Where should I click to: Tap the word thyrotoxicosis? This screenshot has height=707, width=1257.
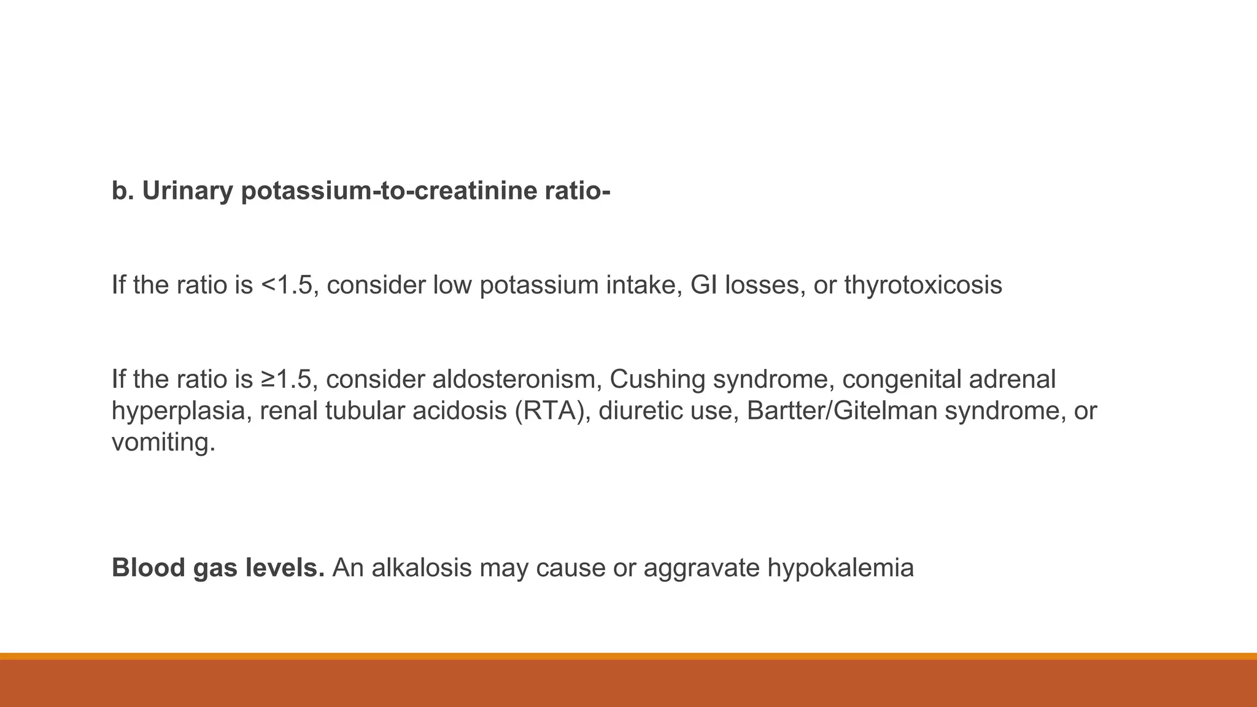point(922,285)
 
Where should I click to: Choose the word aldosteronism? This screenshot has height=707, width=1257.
point(516,379)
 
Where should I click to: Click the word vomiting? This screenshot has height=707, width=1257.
point(163,442)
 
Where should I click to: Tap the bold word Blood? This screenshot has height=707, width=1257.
point(149,568)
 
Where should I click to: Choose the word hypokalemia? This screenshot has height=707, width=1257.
point(840,568)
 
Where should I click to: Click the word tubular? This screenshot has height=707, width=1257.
point(365,411)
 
